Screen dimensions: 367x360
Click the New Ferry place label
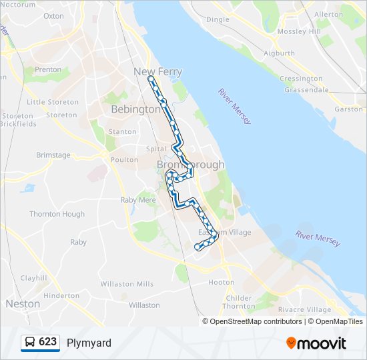tap(158, 71)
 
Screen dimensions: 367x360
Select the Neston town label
tap(23, 303)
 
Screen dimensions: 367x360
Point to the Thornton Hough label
tap(57, 214)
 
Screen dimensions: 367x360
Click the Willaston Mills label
tap(127, 284)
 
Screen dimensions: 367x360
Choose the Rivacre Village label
tap(304, 309)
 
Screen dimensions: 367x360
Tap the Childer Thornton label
tap(238, 302)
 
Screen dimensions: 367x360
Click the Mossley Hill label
tap(300, 31)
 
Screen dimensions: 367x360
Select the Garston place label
tap(348, 109)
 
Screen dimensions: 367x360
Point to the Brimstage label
tap(53, 155)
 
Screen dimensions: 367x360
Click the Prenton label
tap(47, 69)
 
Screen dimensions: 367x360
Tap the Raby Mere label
tap(138, 199)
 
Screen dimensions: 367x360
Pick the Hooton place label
tap(222, 283)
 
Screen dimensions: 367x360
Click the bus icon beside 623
tap(30, 343)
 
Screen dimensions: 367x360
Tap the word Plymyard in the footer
tap(89, 343)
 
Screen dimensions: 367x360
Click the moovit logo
tap(316, 343)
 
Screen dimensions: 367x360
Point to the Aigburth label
tap(279, 53)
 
